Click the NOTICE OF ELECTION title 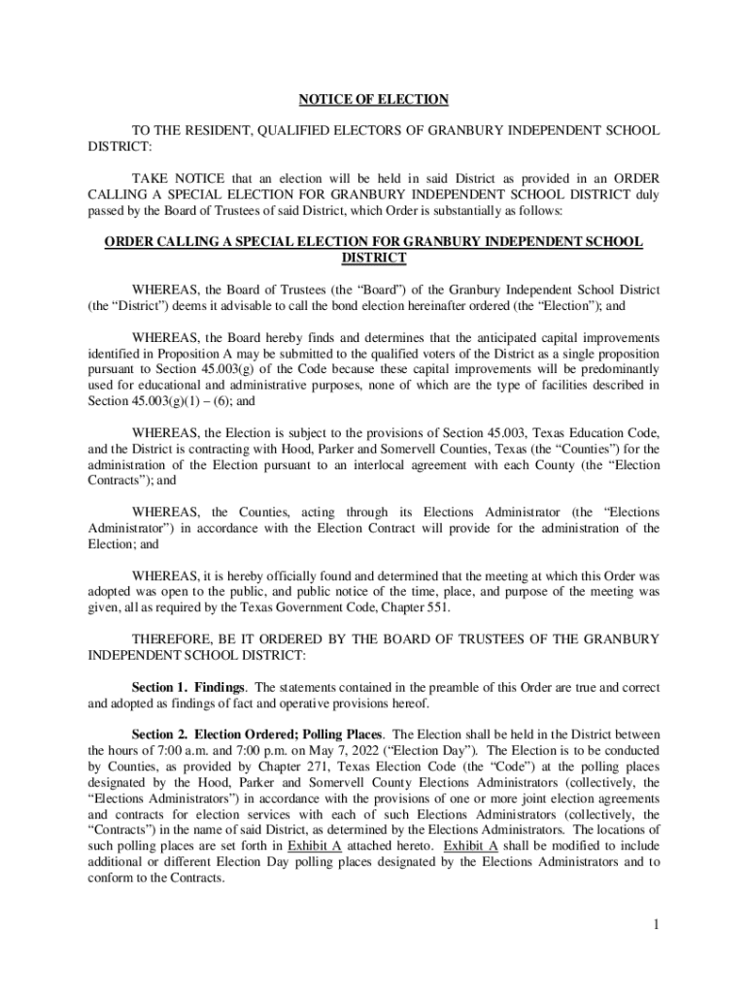tap(373, 99)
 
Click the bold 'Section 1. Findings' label tap(188, 687)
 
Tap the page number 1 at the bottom tap(656, 924)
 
